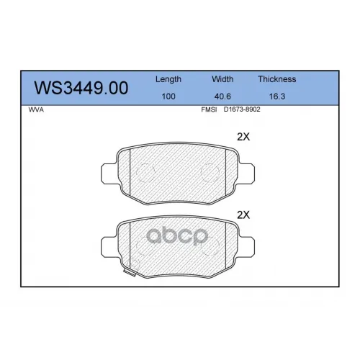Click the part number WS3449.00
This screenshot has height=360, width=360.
tap(81, 88)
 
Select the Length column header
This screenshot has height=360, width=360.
tap(168, 79)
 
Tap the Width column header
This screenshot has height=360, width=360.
tap(222, 79)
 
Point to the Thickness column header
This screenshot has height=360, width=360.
tap(277, 79)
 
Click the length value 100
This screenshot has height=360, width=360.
tap(168, 96)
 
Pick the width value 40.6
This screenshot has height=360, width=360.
tap(222, 96)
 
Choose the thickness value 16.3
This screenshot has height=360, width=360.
tap(277, 96)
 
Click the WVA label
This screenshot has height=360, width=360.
tap(36, 109)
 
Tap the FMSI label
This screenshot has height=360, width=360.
tap(209, 109)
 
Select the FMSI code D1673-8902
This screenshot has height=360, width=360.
tap(242, 109)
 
